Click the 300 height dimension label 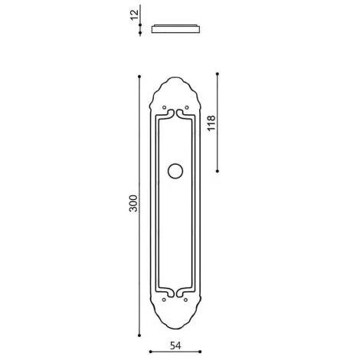coord(133,203)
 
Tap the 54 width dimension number coord(175,345)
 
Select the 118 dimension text coord(211,123)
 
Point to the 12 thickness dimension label coord(134,15)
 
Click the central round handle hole coord(175,171)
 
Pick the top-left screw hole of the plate coord(164,107)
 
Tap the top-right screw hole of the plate coord(187,107)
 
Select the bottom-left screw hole coord(164,299)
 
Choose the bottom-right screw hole coord(186,299)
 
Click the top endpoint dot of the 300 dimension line coord(139,77)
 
